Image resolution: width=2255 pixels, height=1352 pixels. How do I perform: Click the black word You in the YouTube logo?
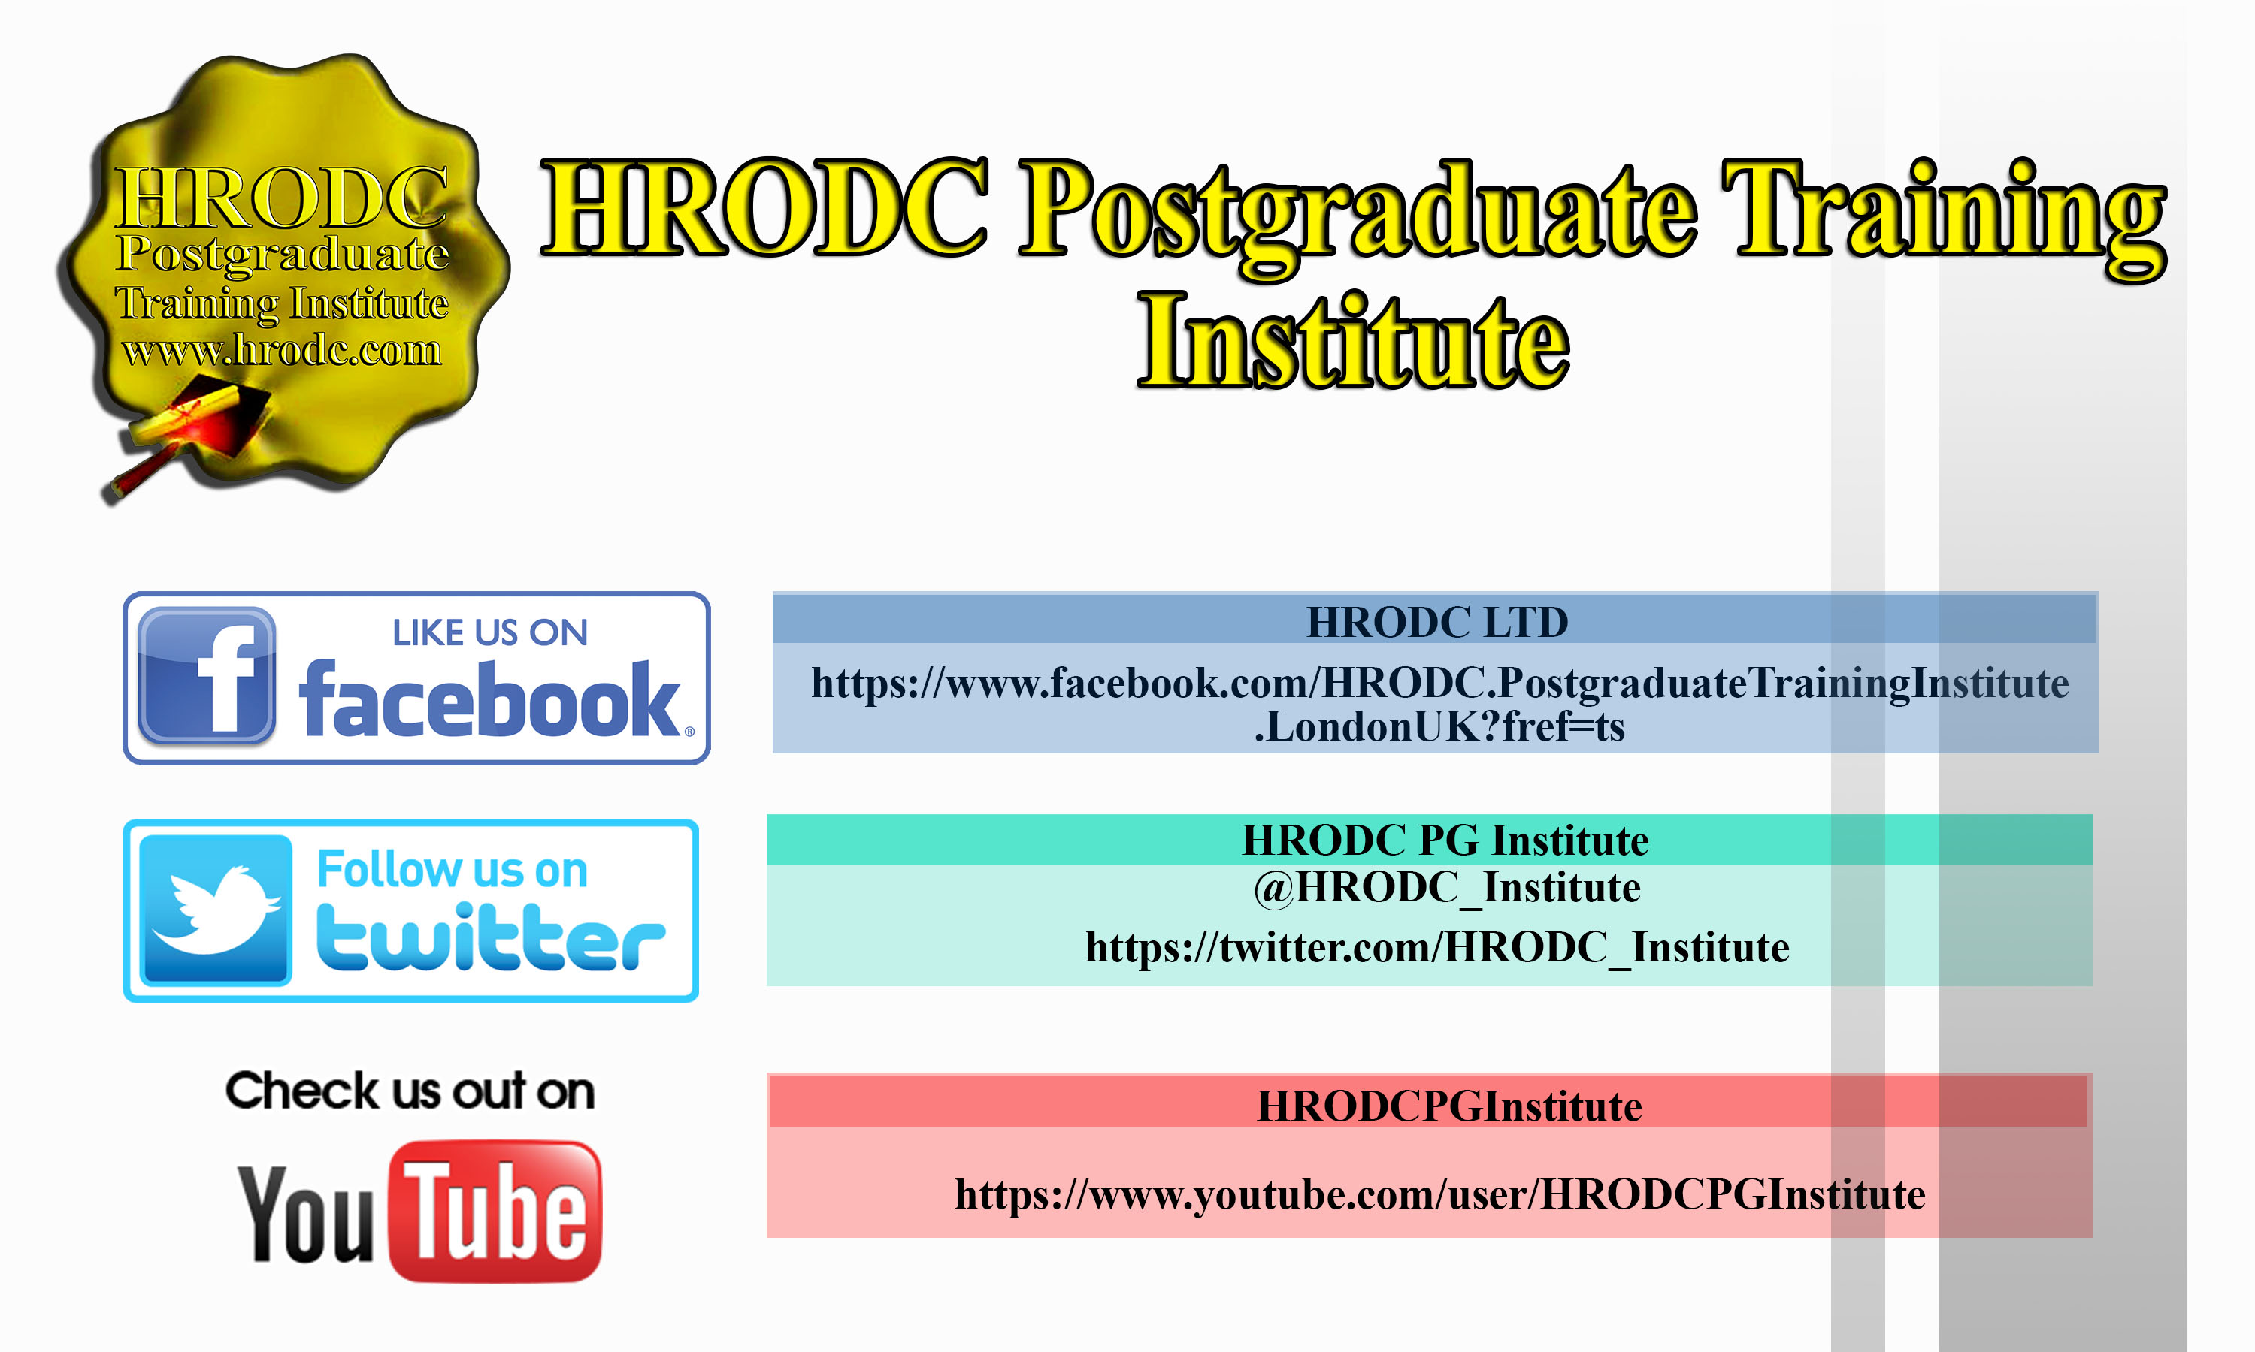pos(306,1214)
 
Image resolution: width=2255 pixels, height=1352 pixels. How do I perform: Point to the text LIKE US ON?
pos(490,633)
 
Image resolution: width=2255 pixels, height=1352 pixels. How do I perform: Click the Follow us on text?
pos(452,869)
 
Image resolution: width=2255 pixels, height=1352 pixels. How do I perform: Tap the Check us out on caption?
pos(410,1091)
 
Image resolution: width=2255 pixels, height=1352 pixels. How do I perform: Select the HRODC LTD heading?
pos(1437,622)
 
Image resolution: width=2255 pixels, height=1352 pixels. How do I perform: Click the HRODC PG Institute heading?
pos(1445,840)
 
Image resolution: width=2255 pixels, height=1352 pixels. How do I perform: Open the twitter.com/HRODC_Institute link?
pos(1437,947)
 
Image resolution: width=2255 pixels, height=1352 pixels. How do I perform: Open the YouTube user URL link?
pos(1440,1194)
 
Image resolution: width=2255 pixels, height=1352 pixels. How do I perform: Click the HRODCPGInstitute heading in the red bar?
pos(1449,1106)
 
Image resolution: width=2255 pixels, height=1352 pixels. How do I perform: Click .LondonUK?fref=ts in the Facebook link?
pos(1439,727)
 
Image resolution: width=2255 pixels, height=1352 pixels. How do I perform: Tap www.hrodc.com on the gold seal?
pos(282,350)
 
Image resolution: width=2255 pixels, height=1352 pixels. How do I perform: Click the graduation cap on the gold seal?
pos(196,433)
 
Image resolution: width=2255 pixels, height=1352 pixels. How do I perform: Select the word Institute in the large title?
pos(1355,342)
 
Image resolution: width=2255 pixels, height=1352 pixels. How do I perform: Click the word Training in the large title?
pos(1943,217)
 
